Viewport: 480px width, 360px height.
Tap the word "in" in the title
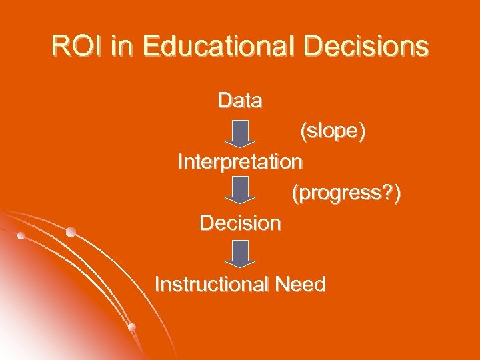pyautogui.click(x=123, y=47)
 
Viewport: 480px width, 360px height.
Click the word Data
pyautogui.click(x=239, y=101)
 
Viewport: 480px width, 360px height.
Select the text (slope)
pyautogui.click(x=332, y=131)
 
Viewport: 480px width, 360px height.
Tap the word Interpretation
pyautogui.click(x=239, y=162)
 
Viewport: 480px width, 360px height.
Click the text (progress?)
pyautogui.click(x=346, y=193)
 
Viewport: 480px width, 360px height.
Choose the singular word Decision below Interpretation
pyautogui.click(x=240, y=223)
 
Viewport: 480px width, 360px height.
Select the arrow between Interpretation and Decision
pyautogui.click(x=239, y=190)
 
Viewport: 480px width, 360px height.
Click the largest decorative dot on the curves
pyautogui.click(x=71, y=231)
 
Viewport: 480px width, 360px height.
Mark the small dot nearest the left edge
pyautogui.click(x=21, y=236)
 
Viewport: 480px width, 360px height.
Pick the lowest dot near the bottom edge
pyautogui.click(x=132, y=327)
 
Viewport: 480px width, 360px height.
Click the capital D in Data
pyautogui.click(x=225, y=101)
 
